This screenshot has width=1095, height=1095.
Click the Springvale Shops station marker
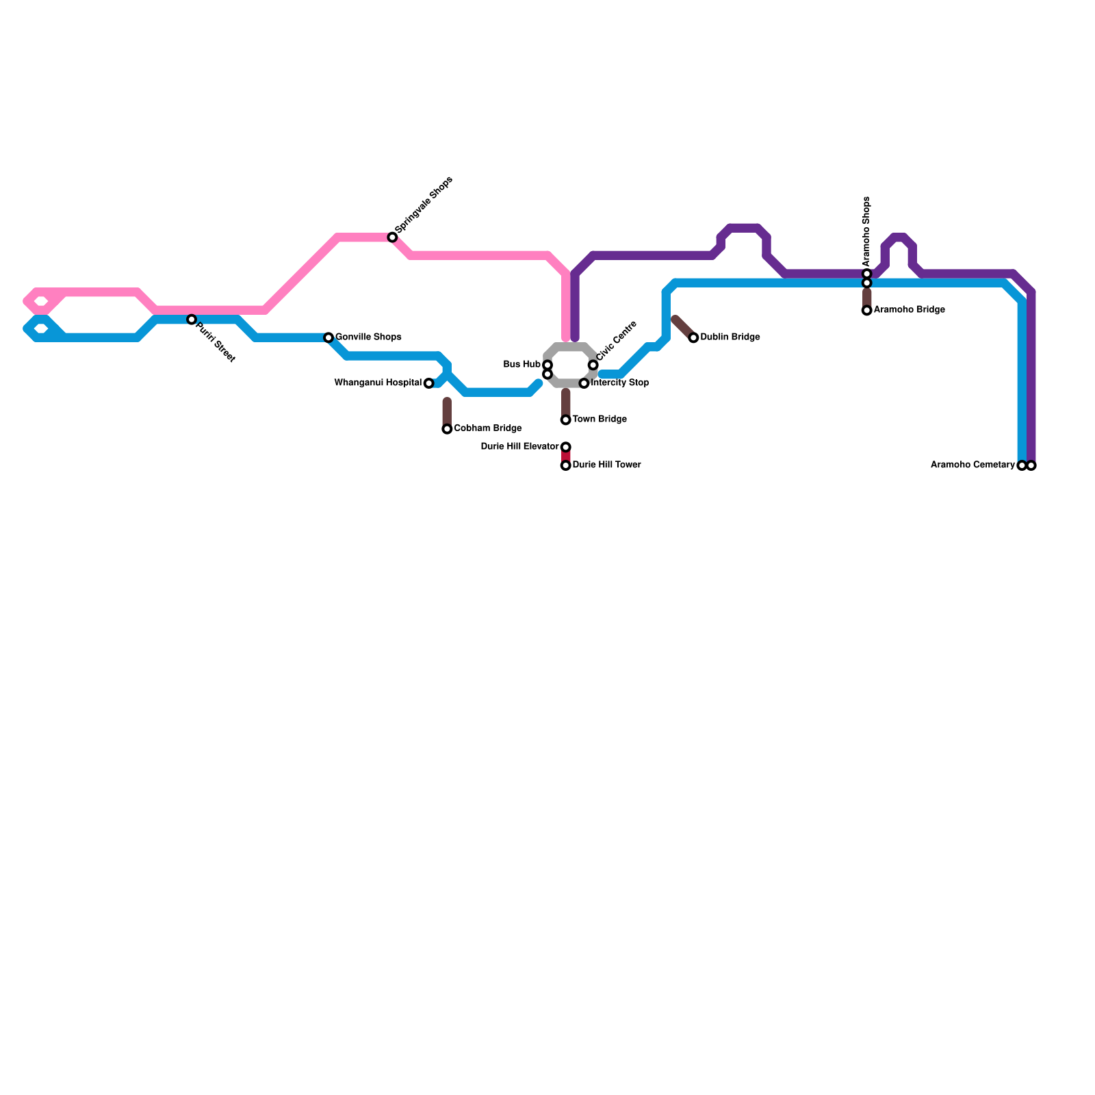(x=392, y=237)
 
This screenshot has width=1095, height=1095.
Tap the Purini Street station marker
(x=192, y=320)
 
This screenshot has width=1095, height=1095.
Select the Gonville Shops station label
(x=368, y=337)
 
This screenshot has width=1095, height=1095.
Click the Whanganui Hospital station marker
(x=428, y=383)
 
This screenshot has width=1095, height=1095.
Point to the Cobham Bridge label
(x=487, y=428)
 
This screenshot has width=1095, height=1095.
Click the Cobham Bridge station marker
(x=447, y=429)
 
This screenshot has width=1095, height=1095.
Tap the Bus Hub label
(x=521, y=365)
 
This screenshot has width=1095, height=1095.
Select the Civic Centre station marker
(x=593, y=365)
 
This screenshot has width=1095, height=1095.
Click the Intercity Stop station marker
(x=584, y=383)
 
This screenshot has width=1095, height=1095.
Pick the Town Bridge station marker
(x=565, y=420)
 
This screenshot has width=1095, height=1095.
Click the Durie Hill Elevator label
(x=519, y=447)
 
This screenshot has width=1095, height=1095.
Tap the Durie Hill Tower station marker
(x=565, y=465)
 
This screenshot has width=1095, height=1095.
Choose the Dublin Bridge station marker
(x=693, y=337)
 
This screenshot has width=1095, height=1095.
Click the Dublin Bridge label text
(x=730, y=337)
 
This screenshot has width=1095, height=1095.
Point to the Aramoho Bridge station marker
(x=866, y=310)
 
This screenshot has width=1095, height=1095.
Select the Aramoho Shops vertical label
(x=866, y=231)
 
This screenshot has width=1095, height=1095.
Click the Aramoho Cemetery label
(x=972, y=465)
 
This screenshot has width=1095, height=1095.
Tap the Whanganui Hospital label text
(x=378, y=383)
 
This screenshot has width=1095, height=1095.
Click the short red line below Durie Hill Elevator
(x=565, y=456)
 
